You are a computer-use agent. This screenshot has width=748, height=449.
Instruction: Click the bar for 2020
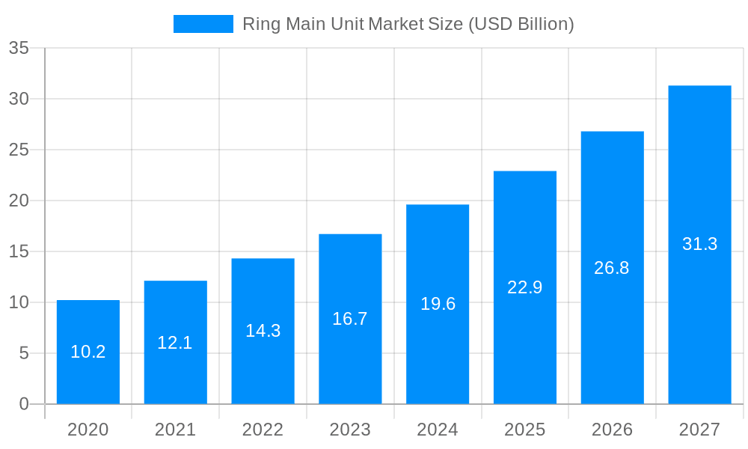[x=88, y=374]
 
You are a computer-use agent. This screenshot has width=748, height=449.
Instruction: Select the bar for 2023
[x=350, y=359]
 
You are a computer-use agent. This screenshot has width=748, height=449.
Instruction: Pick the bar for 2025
[x=525, y=344]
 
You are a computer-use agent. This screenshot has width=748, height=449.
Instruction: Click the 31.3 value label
[x=699, y=244]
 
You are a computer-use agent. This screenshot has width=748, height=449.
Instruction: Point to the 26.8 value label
[x=612, y=268]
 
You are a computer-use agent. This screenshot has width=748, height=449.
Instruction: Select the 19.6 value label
[x=438, y=304]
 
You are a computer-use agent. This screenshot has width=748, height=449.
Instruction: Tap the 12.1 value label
[x=175, y=343]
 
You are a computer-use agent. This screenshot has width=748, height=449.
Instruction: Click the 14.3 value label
[x=263, y=331]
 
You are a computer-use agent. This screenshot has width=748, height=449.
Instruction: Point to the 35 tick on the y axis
[x=19, y=49]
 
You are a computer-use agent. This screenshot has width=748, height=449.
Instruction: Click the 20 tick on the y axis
[x=19, y=201]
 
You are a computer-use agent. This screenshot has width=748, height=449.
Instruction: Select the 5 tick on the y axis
[x=24, y=353]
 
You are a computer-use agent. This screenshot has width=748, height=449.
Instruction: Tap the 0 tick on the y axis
[x=24, y=404]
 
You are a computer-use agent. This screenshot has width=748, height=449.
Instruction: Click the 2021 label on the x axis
[x=175, y=430]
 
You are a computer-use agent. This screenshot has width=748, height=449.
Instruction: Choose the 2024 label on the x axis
[x=438, y=430]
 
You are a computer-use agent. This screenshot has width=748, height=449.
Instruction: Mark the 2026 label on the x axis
[x=612, y=430]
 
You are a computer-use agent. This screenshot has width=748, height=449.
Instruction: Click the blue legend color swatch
[x=203, y=24]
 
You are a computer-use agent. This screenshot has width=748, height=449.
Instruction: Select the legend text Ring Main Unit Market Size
[x=408, y=24]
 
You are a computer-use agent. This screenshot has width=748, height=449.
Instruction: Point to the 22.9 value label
[x=525, y=287]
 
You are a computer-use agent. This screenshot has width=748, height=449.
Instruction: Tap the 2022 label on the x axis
[x=263, y=430]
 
